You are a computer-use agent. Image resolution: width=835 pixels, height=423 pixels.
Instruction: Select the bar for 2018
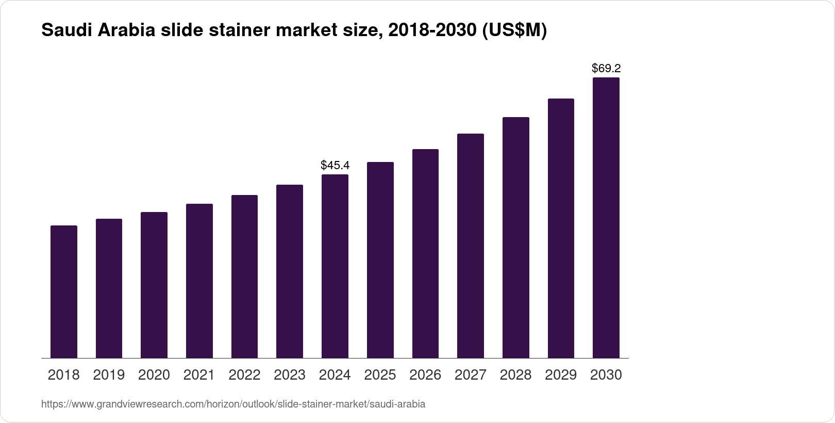[64, 291]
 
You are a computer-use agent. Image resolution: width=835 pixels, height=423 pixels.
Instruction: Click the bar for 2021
[199, 281]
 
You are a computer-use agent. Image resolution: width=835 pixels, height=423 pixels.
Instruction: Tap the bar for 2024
[335, 266]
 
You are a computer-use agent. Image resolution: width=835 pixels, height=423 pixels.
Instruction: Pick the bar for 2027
[471, 246]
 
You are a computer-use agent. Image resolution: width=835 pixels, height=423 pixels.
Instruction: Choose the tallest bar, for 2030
[606, 218]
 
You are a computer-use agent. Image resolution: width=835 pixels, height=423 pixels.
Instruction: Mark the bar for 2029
[561, 228]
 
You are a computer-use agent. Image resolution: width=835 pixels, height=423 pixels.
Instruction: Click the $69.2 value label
[606, 68]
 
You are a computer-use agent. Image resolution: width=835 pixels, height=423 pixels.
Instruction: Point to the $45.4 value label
[335, 165]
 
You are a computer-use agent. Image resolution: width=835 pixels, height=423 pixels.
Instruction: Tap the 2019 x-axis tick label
[109, 375]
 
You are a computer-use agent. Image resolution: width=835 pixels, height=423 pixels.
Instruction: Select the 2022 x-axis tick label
[244, 375]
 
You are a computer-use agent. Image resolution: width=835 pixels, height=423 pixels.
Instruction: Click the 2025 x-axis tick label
[380, 375]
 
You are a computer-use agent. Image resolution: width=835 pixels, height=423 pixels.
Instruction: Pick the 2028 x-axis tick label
[515, 375]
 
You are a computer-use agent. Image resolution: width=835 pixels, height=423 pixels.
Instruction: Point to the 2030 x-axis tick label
[606, 375]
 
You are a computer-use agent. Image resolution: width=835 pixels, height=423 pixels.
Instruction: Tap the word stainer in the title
[240, 31]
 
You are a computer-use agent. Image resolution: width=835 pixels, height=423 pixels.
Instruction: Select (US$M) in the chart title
[514, 31]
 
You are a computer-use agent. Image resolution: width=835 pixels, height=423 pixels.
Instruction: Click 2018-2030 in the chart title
[432, 31]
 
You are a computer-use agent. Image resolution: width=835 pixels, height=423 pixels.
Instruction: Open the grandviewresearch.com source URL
[233, 404]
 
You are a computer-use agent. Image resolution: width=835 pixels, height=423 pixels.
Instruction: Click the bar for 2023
[290, 271]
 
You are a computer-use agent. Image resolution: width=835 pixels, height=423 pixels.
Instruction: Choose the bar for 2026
[425, 253]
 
